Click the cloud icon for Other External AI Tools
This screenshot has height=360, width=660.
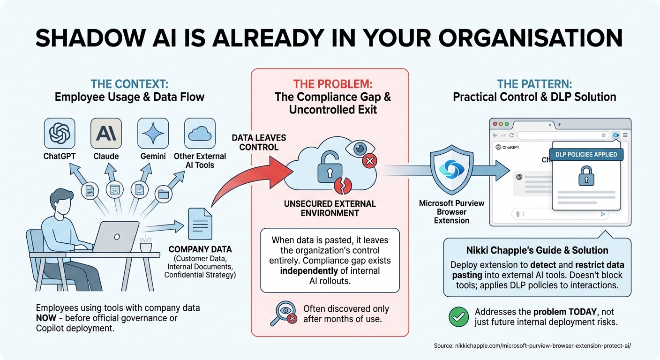pos(200,133)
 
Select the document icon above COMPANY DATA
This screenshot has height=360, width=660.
pos(200,224)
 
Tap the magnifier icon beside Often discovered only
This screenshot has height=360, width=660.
pos(283,314)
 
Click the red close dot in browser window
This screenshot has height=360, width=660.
pos(494,124)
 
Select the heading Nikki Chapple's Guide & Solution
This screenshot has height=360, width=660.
pos(537,250)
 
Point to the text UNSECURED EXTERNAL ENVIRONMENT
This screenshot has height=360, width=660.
pos(330,209)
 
